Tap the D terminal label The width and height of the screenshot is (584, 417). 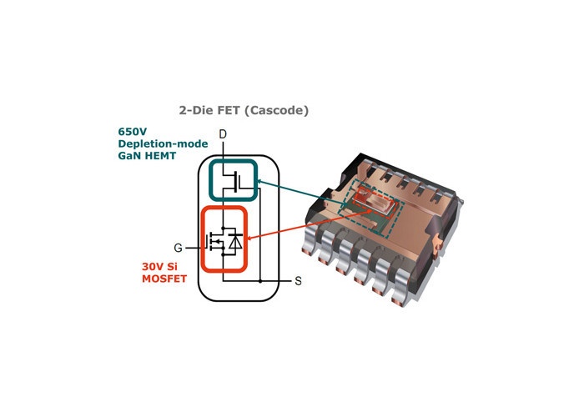click(223, 134)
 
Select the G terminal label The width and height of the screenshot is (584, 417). click(178, 248)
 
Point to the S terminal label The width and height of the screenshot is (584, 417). click(299, 281)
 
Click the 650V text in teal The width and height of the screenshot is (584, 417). click(132, 132)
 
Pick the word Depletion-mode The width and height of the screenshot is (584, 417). click(163, 143)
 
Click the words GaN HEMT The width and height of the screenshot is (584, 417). click(147, 156)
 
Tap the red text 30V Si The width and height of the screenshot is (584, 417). click(159, 267)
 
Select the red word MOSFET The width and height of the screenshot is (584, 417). click(164, 279)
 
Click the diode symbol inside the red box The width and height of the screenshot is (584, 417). click(235, 242)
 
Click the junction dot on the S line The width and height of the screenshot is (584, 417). click(260, 281)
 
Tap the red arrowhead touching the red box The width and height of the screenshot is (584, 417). click(250, 239)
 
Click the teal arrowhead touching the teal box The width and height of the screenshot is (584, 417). click(260, 181)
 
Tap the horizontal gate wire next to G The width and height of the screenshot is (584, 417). click(195, 248)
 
